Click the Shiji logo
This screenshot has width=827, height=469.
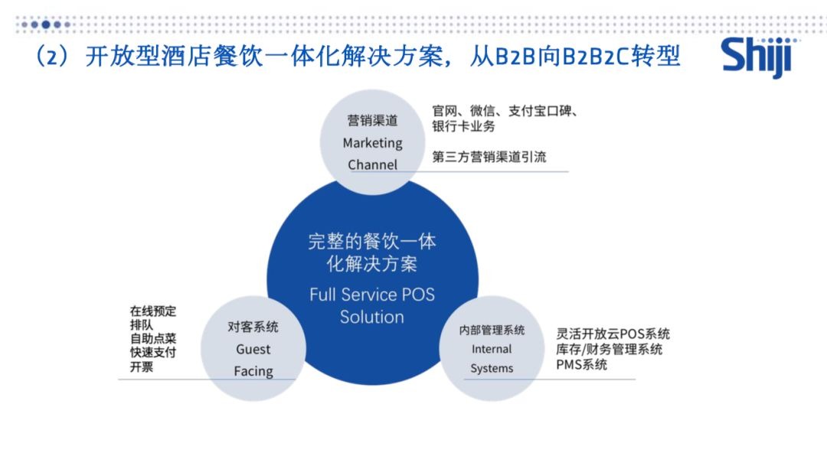coord(758,57)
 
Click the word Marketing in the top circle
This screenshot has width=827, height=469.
coord(372,143)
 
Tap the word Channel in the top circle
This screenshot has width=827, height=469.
coord(372,164)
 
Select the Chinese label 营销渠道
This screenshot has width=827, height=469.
coord(372,120)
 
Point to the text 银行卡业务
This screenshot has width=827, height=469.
coord(463,126)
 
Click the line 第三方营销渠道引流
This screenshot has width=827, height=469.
coord(489,157)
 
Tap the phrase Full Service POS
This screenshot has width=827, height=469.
coord(372,294)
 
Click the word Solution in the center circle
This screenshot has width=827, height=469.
coord(372,317)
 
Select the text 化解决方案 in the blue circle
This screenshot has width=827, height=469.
coord(372,263)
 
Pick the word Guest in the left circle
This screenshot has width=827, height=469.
coord(253,349)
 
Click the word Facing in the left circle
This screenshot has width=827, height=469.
coord(253,371)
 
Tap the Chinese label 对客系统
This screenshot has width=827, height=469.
coord(253,327)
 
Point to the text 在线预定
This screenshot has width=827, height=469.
coord(153,311)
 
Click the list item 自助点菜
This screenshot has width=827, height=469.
coord(153,338)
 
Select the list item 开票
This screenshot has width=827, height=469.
coord(142,366)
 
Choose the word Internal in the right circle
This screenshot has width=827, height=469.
coord(492,349)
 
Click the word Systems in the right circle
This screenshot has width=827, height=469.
coord(492,368)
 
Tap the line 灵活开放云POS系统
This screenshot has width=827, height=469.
coord(613,334)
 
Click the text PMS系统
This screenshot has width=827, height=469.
coord(581,364)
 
